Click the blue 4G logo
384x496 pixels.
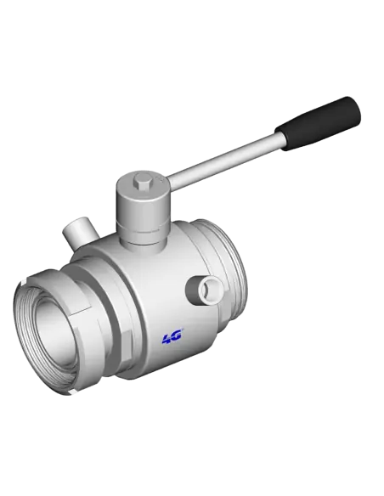(x=172, y=337)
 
